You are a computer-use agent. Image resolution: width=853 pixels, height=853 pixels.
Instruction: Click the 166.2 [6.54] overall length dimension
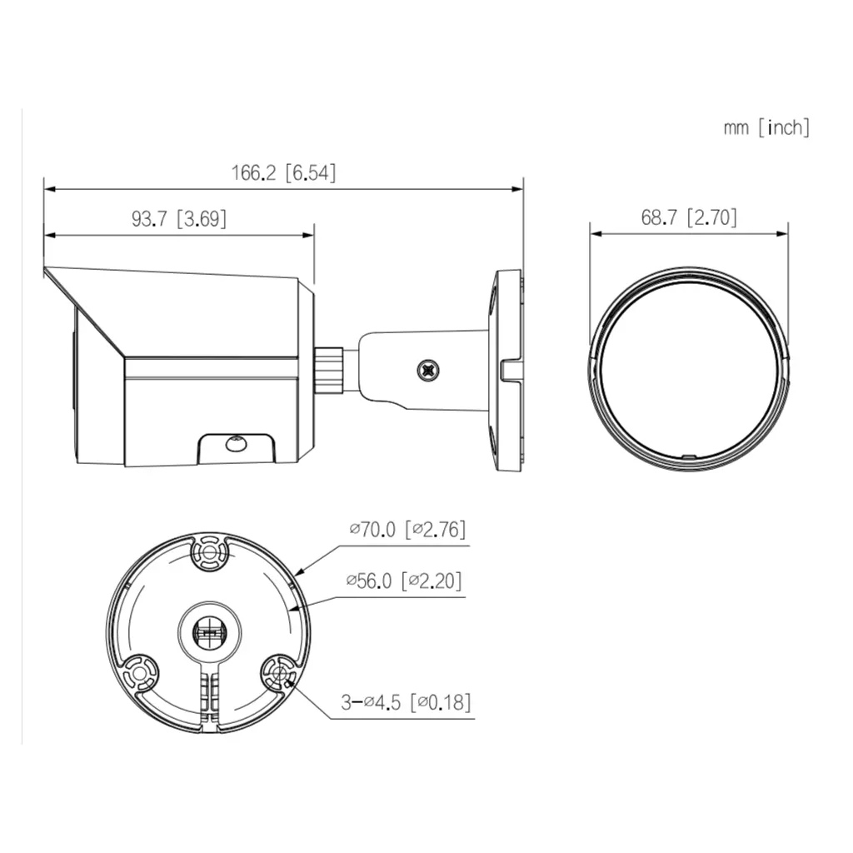(283, 174)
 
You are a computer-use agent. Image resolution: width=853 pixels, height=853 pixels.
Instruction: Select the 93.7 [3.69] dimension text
(179, 219)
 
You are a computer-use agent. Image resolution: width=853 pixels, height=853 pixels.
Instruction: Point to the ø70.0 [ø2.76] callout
(407, 530)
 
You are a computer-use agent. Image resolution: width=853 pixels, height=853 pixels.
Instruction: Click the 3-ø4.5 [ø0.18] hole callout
(406, 702)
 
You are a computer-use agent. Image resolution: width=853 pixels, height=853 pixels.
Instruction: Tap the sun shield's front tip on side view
(47, 271)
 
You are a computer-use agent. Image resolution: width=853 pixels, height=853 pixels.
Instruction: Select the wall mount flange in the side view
(507, 369)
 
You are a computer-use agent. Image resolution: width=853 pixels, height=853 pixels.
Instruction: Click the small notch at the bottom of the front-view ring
(688, 456)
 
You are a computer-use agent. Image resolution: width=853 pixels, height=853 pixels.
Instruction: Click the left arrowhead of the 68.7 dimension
(593, 234)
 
